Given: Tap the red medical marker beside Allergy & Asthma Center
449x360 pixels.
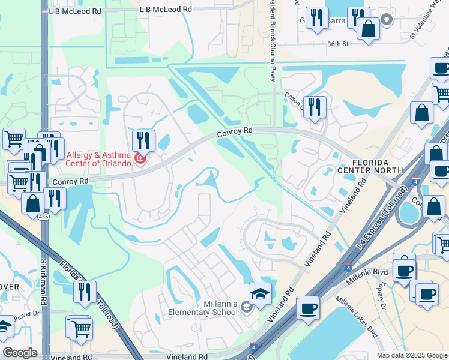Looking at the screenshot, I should (140, 159).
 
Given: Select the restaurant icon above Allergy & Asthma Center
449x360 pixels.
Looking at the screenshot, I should (143, 141).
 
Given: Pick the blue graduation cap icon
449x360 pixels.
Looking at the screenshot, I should (260, 295).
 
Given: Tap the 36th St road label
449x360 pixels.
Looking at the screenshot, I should (338, 44).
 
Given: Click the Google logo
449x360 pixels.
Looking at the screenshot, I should (20, 353).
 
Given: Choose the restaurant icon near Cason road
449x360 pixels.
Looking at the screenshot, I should (315, 107).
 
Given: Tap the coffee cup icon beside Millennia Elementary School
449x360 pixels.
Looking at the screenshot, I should (309, 308).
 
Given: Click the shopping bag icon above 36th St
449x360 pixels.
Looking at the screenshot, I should (368, 28).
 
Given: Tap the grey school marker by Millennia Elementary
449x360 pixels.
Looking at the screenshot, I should (246, 308).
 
